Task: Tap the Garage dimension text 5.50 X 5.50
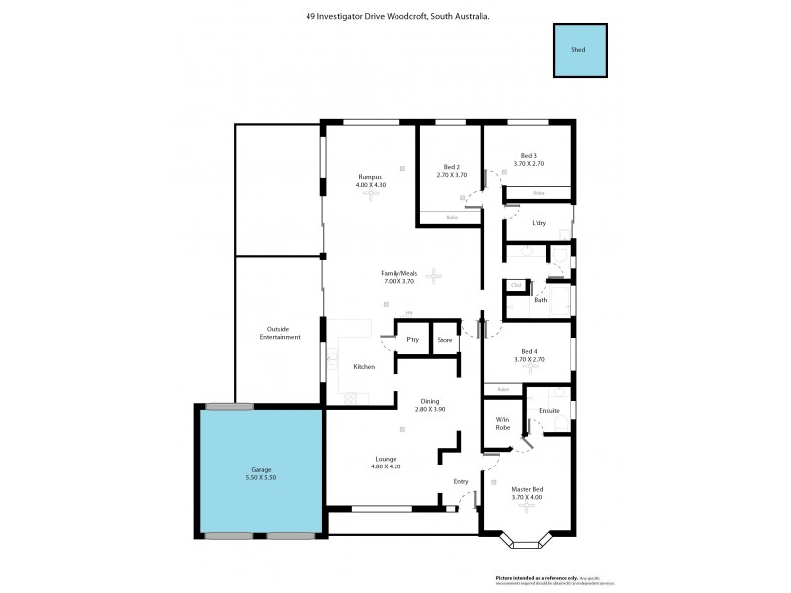[x=261, y=478]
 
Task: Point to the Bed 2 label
[x=451, y=166]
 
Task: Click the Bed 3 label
[x=528, y=155]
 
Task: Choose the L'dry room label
[x=539, y=223]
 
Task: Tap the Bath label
[x=541, y=299]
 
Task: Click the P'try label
[x=413, y=340]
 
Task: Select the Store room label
[x=445, y=340]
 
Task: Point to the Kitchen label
[x=365, y=367]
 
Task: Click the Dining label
[x=430, y=400]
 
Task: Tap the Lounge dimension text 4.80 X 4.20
[x=386, y=466]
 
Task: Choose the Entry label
[x=461, y=481]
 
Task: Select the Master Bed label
[x=528, y=488]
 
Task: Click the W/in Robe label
[x=502, y=423]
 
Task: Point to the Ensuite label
[x=549, y=410]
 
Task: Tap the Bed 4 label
[x=529, y=351]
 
